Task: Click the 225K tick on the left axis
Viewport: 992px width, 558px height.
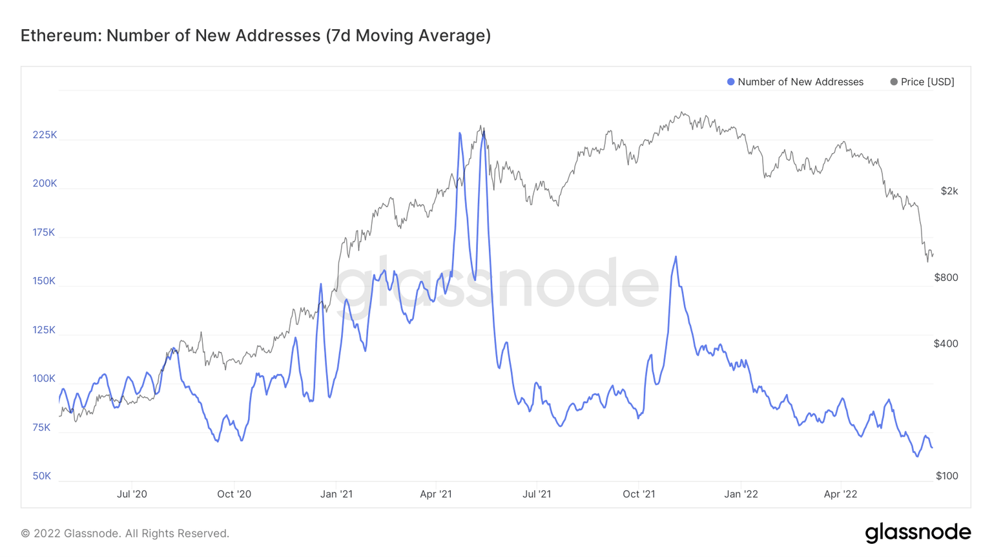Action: [x=45, y=135]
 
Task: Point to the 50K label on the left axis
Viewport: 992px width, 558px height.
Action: [x=41, y=476]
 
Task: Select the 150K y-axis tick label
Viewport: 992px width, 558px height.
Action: [x=44, y=281]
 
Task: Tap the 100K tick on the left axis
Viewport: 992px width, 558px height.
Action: [x=44, y=378]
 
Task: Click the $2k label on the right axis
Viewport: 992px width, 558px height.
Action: [x=949, y=191]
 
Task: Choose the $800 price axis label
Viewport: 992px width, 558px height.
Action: [x=945, y=278]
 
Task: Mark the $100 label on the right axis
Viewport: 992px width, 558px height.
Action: [x=946, y=476]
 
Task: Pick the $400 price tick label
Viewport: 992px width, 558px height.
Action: [x=945, y=344]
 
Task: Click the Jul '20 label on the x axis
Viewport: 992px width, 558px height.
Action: [x=132, y=494]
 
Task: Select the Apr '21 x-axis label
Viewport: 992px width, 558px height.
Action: [x=436, y=494]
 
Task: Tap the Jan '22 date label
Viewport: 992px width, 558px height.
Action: [x=741, y=494]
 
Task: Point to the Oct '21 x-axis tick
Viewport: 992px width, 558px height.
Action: [x=639, y=494]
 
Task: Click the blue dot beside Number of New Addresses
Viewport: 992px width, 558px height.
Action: [x=730, y=82]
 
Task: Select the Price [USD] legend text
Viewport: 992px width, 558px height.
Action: [x=927, y=82]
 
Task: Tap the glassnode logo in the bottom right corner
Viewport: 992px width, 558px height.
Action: [x=917, y=533]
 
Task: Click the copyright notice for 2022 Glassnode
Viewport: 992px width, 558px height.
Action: [x=125, y=533]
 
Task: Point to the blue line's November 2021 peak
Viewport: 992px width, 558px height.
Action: [x=676, y=257]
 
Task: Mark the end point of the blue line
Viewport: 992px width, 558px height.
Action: [x=932, y=448]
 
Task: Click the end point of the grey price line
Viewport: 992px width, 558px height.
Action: [x=933, y=255]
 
